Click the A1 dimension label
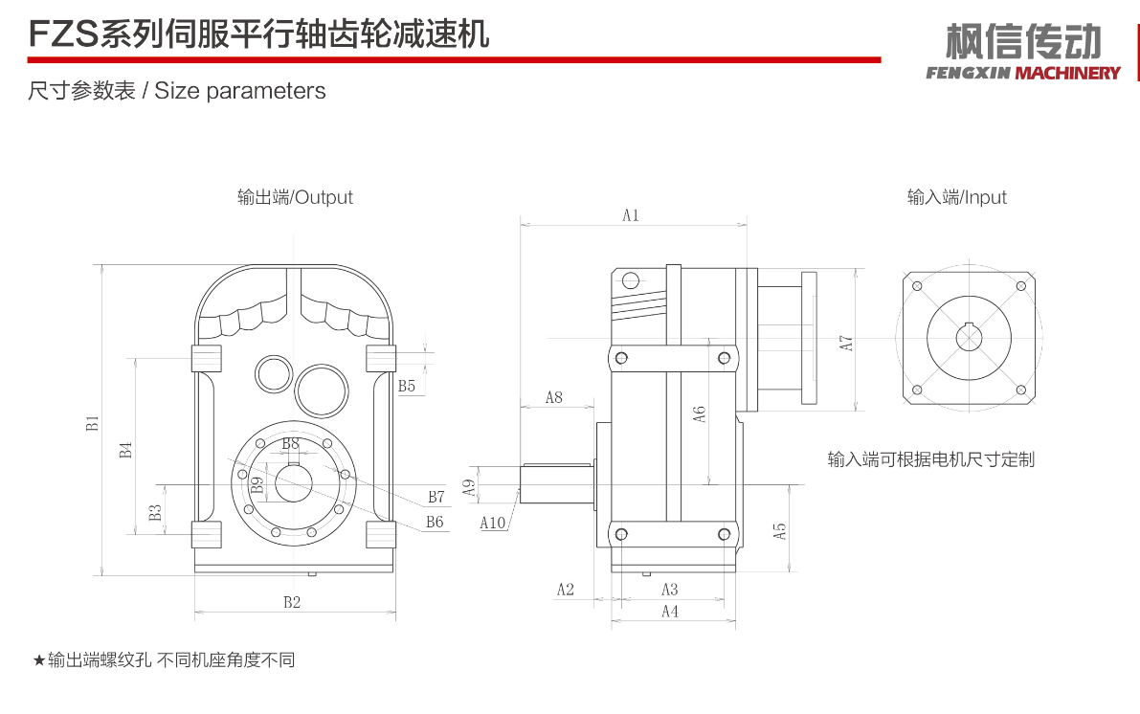click(630, 215)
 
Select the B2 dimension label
click(292, 602)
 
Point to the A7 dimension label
click(846, 342)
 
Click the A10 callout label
click(493, 523)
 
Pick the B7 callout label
click(436, 498)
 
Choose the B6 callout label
click(435, 522)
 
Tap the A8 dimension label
click(553, 397)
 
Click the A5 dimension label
click(780, 529)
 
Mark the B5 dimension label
click(407, 386)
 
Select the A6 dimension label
click(700, 413)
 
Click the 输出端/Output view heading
click(295, 197)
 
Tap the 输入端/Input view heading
click(957, 197)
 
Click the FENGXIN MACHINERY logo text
click(1023, 73)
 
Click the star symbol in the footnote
click(38, 660)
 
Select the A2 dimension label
click(565, 590)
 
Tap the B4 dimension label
click(125, 449)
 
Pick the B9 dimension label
click(257, 484)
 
